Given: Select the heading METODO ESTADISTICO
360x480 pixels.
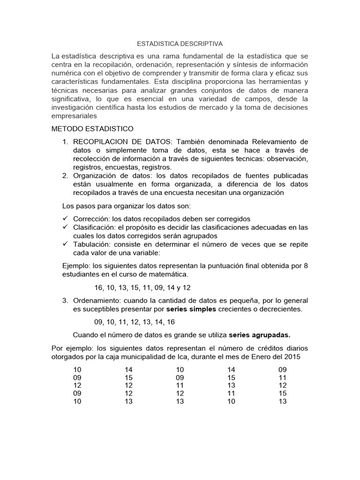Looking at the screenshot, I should point(92,128).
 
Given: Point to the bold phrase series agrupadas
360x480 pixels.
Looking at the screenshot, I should point(259,335).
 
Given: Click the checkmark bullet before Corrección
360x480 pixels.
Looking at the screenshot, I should point(65,219).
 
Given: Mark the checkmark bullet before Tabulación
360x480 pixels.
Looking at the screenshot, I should point(65,245).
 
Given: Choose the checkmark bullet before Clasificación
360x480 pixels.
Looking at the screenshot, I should point(65,227).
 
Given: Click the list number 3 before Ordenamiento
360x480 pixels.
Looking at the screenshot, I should point(65,300).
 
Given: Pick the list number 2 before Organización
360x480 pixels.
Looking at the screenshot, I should point(65,176).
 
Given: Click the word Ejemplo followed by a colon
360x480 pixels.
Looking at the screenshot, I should point(76,266).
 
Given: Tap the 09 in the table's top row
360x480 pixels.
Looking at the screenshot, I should point(283,369).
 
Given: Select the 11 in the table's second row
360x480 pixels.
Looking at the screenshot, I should point(283,377).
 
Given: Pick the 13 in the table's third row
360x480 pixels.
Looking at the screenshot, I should point(231,385).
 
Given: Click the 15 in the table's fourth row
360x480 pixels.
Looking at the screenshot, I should point(283,393).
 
